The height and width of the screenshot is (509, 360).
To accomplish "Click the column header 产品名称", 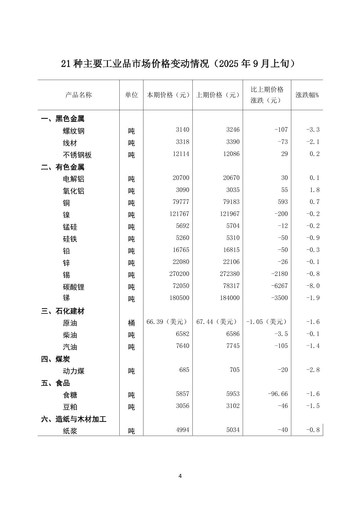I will tap(78, 95).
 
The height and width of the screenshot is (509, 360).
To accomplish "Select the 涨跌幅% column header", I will tap(307, 95).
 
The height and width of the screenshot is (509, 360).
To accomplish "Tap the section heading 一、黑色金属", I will tap(63, 119).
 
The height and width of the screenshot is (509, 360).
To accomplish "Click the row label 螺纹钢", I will tap(73, 131).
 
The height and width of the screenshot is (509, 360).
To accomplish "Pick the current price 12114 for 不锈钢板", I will tap(180, 154).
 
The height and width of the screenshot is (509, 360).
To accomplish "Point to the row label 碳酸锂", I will tap(73, 287).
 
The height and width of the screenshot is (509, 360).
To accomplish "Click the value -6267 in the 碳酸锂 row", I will tap(280, 286).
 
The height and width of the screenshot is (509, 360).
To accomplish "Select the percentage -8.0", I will tap(313, 286).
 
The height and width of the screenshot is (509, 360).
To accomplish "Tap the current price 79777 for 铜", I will tap(180, 202).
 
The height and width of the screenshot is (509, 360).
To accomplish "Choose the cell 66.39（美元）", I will tap(167, 322).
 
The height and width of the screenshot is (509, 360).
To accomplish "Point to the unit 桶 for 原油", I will tap(131, 323).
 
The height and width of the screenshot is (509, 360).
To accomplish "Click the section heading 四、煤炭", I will tap(56, 359).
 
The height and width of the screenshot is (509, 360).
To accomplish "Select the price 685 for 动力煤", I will tap(184, 370).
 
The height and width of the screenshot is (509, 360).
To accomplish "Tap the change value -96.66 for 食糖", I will tap(278, 394).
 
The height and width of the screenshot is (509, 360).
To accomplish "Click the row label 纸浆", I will tap(70, 431).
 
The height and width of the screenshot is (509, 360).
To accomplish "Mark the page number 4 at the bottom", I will tap(180, 476).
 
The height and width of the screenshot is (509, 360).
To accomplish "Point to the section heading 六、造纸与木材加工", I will tap(74, 419).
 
